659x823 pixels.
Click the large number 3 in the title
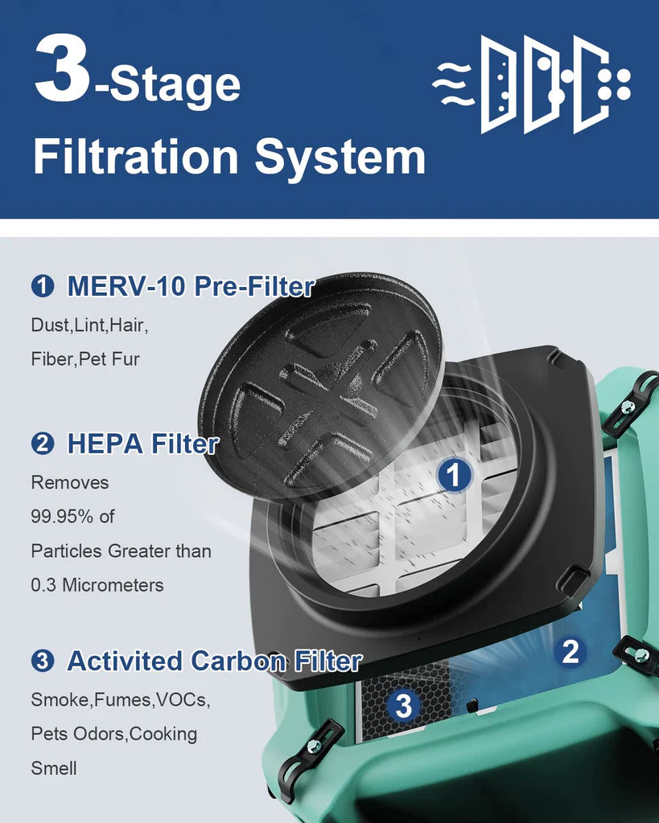click(x=63, y=70)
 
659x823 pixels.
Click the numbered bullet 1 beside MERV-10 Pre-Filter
click(x=43, y=286)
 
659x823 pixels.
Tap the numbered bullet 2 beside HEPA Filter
click(x=43, y=444)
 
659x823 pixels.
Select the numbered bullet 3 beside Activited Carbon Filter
click(x=43, y=661)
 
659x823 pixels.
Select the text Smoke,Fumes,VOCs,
click(x=121, y=700)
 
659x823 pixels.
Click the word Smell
click(x=54, y=768)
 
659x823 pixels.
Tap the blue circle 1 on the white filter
click(x=454, y=477)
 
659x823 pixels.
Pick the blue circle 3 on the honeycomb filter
click(x=404, y=706)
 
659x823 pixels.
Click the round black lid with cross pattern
click(x=322, y=386)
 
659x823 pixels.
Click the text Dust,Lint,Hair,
click(x=90, y=326)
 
